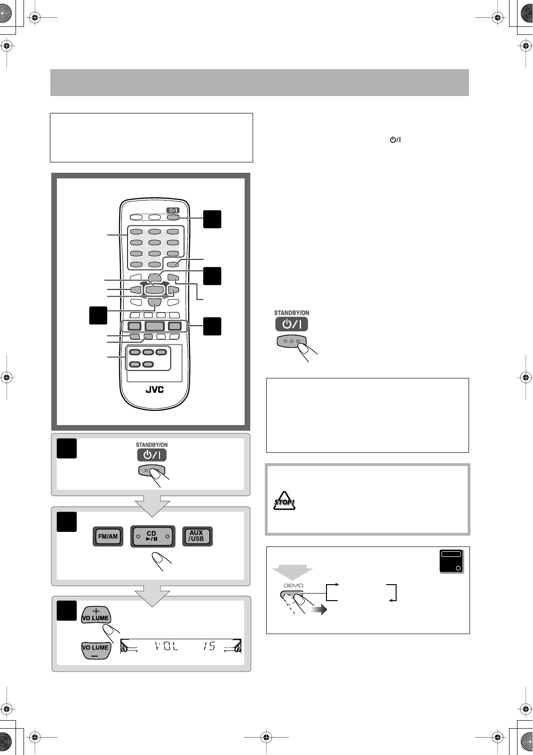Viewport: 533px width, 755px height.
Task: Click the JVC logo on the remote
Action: click(155, 389)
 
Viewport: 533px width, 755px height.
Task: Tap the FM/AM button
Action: click(108, 536)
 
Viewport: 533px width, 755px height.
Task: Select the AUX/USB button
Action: click(198, 536)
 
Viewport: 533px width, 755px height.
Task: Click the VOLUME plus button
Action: click(96, 615)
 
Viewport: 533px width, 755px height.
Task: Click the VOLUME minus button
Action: click(96, 650)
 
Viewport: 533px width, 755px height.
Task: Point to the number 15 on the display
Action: click(209, 646)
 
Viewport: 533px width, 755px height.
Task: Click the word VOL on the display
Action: click(167, 646)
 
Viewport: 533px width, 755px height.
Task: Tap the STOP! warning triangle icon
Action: click(284, 501)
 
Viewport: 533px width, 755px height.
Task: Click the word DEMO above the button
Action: click(294, 586)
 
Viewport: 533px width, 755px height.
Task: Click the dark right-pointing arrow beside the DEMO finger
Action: click(319, 610)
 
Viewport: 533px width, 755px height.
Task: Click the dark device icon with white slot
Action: click(452, 562)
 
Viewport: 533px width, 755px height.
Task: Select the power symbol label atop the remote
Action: click(173, 210)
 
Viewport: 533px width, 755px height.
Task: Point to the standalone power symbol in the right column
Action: click(395, 139)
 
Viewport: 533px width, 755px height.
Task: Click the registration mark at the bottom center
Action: click(266, 737)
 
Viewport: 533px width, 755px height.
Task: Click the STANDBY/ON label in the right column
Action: click(292, 313)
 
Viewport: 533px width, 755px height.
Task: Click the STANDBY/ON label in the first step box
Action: click(151, 445)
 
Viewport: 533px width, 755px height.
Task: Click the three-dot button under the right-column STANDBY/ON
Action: click(291, 341)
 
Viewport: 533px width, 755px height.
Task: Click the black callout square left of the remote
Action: click(98, 315)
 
